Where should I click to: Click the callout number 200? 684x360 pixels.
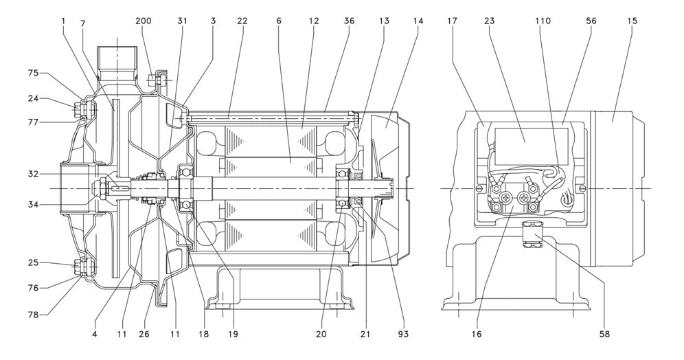coord(144,21)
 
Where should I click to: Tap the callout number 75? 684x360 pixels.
coord(34,74)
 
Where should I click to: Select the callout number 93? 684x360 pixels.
coord(404,335)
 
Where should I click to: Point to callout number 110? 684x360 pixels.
coord(543,21)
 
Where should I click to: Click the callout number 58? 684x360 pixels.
coord(604,335)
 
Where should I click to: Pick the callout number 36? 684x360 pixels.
coord(349,21)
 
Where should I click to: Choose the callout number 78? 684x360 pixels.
coord(34,314)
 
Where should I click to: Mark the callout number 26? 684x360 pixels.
coord(144,335)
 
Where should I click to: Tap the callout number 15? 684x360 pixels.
coord(632,21)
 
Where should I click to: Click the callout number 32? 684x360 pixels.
coord(34,174)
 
